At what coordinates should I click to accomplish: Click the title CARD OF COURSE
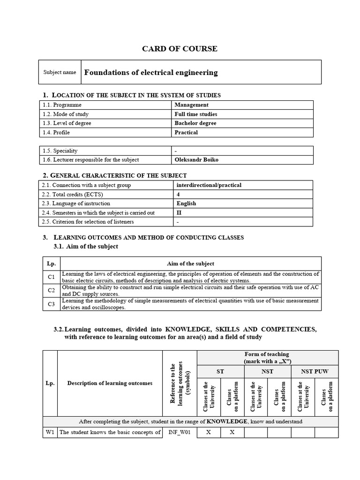180,49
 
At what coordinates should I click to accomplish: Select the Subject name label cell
60,72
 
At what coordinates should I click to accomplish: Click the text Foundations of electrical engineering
150,72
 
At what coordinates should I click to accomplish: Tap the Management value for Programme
191,105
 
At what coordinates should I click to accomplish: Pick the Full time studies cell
195,114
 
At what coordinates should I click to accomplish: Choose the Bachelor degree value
195,123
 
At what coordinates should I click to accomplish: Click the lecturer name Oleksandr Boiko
196,160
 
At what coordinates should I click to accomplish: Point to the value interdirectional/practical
209,185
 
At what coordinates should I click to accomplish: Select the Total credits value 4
178,194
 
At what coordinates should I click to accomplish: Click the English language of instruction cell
186,203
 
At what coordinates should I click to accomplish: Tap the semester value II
179,213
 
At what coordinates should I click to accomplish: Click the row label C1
52,277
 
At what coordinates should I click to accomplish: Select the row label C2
52,290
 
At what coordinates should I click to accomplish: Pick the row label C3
52,304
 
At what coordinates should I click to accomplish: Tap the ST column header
220,371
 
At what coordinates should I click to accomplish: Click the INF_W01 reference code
180,432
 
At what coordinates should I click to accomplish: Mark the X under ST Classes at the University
209,432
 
